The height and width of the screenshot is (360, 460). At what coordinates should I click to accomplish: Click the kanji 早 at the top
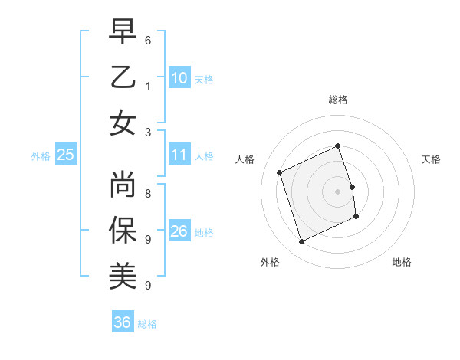[x=123, y=32]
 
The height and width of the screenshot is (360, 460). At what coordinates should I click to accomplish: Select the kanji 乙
[x=123, y=77]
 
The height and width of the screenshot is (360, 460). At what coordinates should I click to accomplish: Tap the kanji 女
[x=123, y=123]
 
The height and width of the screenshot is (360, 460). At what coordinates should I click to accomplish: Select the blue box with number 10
[x=179, y=78]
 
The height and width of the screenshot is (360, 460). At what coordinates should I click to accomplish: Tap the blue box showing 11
[x=179, y=155]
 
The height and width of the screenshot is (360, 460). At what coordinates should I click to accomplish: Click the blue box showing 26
[x=179, y=231]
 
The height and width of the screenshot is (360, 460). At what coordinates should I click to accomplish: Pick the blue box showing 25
[x=66, y=155]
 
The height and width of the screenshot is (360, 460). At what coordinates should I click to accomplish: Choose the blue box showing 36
[x=123, y=323]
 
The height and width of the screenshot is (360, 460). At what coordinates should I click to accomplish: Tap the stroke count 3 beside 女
[x=148, y=131]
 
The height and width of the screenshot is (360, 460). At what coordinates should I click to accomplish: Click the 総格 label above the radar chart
[x=338, y=100]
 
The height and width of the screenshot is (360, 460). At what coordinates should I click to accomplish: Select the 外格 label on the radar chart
[x=270, y=262]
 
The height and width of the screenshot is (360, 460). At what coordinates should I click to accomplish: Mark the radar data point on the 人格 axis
[x=280, y=173]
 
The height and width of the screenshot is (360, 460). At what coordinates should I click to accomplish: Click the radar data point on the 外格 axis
[x=302, y=242]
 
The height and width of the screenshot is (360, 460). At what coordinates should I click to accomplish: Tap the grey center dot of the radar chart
[x=337, y=191]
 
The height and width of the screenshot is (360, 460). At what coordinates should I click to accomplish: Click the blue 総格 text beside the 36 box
[x=147, y=324]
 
